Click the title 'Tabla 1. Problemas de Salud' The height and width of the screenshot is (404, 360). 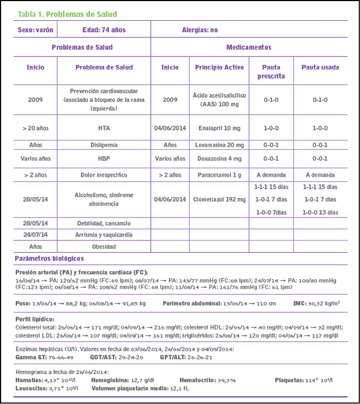(67, 14)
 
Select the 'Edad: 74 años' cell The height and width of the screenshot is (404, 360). (104, 30)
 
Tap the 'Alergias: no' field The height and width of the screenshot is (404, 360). (200, 30)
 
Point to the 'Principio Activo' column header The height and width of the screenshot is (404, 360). (219, 68)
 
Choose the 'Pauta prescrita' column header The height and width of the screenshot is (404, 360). (271, 72)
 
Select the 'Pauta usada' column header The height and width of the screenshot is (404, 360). (320, 68)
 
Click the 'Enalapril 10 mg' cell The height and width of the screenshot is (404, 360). (219, 128)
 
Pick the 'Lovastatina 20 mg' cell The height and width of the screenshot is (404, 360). (219, 145)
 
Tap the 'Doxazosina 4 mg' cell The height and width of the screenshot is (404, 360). (219, 159)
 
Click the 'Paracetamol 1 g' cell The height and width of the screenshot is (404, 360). (219, 175)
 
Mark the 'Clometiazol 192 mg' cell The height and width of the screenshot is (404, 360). (219, 200)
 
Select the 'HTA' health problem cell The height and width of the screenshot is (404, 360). (103, 128)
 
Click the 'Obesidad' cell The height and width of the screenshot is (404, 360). (103, 247)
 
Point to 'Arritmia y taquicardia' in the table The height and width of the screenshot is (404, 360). (103, 235)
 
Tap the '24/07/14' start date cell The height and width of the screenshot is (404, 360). (36, 235)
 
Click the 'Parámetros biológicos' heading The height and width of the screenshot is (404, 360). (49, 258)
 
